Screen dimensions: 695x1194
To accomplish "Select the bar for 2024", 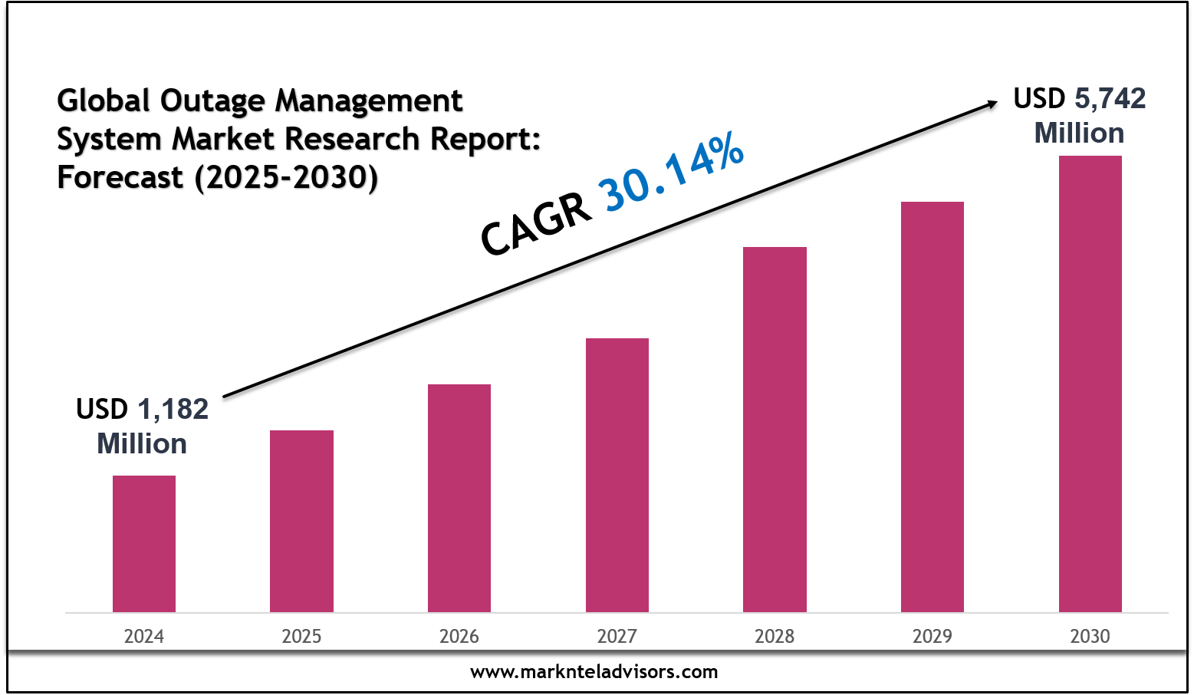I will (144, 544).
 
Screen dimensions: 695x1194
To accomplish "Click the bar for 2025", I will (301, 521).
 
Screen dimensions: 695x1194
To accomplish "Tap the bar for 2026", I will (459, 498).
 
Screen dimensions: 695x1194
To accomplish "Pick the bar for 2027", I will (617, 475).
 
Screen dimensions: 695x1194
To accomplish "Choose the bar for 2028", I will (775, 430).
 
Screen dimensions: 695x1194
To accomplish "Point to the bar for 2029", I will (933, 407).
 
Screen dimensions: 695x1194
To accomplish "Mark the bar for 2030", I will (1090, 384).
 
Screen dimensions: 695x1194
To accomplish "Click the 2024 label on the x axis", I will (144, 637).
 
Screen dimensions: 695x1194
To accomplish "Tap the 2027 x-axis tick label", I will (617, 637).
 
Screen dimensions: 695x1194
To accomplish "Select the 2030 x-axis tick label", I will (1090, 637).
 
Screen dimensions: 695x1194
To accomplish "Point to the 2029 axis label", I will (933, 637).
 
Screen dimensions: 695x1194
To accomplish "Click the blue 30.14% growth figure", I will (673, 172).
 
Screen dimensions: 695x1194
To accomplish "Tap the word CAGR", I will (536, 225).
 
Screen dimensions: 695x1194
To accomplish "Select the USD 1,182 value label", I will (142, 410).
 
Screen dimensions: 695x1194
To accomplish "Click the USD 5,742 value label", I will (1079, 99).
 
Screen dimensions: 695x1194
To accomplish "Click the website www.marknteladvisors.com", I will (594, 673).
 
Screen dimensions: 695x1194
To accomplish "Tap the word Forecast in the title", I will (120, 177).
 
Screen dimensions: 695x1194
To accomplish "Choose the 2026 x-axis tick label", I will (459, 637).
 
